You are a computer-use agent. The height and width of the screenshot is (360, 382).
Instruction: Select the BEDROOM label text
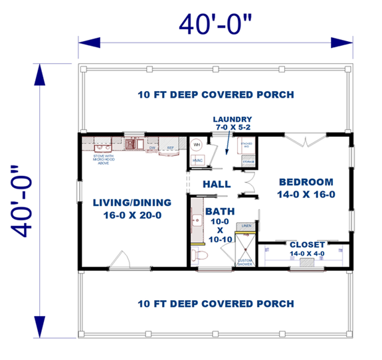[x=306, y=187]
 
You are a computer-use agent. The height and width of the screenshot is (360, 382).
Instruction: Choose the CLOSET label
[x=307, y=244]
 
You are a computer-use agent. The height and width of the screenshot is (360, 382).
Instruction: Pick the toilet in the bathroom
[x=204, y=255]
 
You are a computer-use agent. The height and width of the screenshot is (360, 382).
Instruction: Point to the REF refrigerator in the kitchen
[x=171, y=147]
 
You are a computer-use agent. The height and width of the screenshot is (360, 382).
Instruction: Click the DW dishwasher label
[x=152, y=147]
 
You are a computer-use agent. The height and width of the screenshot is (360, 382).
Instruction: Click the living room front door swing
[x=120, y=260]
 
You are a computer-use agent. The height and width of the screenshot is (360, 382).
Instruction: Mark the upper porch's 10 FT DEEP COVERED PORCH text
[x=216, y=94]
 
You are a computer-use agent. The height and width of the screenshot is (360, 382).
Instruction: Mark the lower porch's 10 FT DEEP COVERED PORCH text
[x=216, y=304]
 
